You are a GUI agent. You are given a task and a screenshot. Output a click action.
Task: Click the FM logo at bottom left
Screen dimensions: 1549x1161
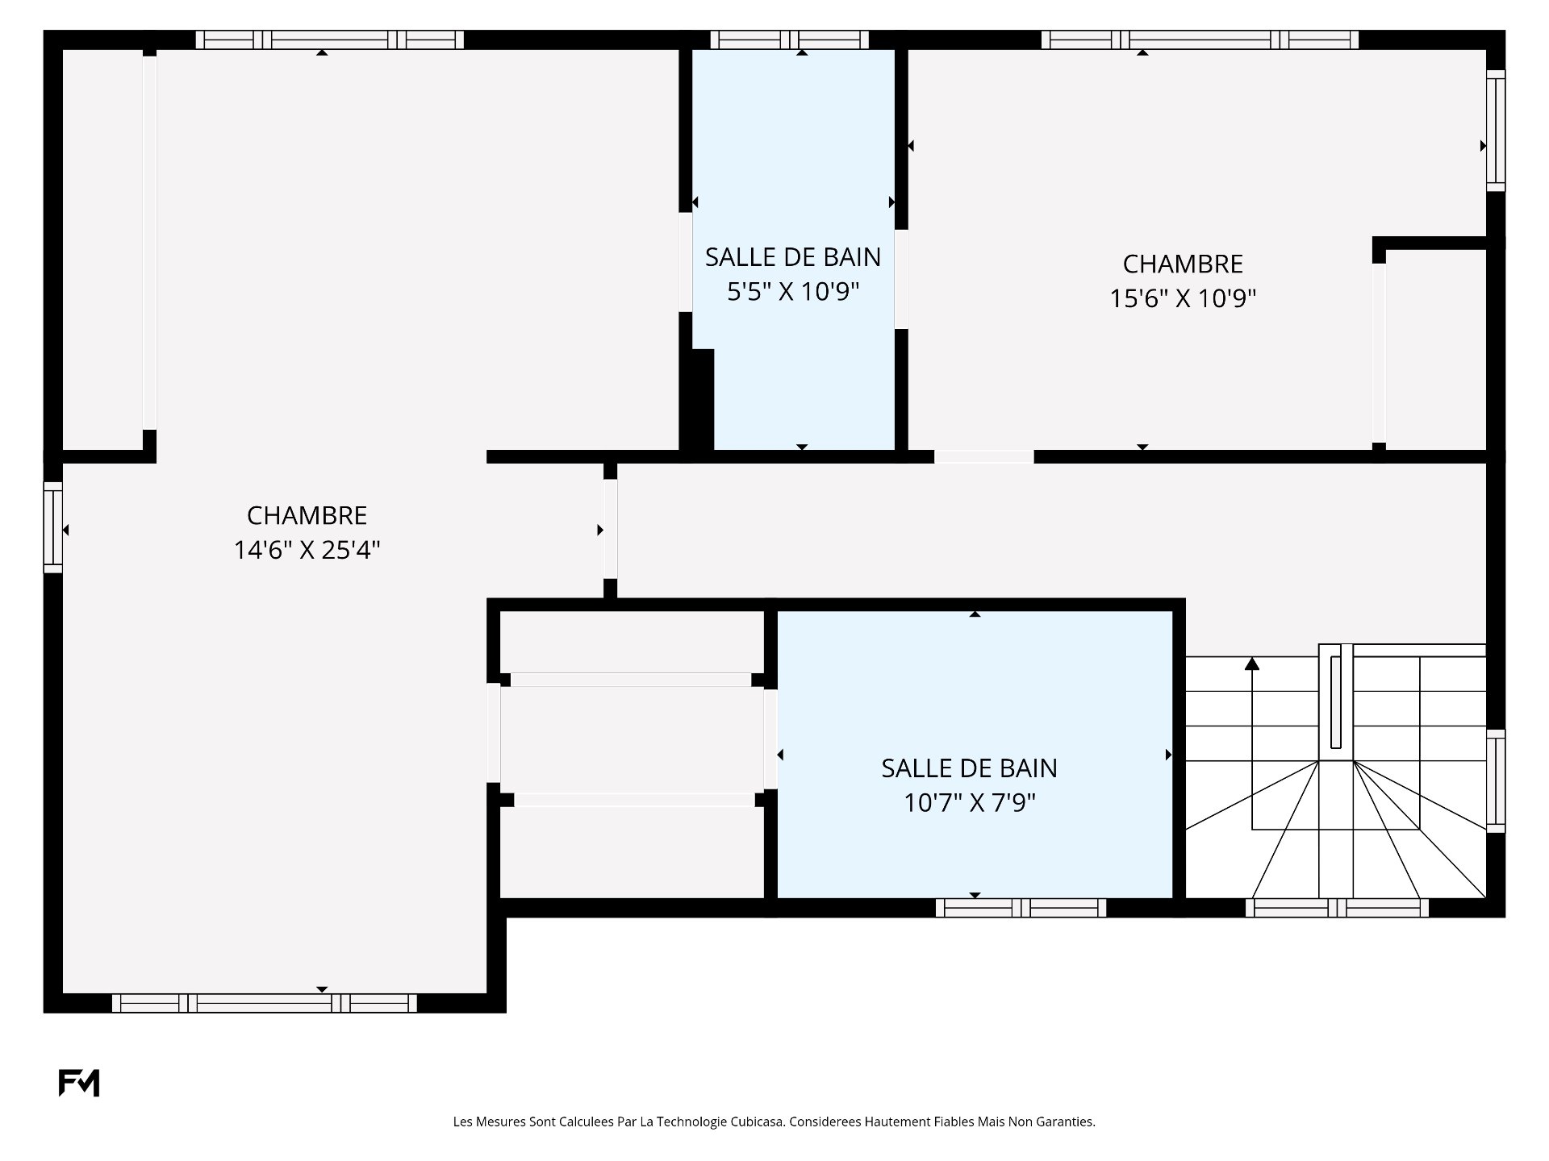click(78, 1083)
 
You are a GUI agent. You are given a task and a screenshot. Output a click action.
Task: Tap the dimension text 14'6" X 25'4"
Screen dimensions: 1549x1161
click(307, 550)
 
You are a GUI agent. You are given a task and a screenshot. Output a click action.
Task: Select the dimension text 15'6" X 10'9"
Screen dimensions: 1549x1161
click(1183, 298)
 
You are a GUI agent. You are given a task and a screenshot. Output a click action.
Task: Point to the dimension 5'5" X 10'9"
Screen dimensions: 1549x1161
click(792, 291)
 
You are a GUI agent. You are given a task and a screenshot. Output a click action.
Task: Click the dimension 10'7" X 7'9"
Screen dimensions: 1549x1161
click(969, 803)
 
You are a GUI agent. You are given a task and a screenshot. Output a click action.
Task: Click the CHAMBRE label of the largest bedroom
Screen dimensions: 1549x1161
click(307, 515)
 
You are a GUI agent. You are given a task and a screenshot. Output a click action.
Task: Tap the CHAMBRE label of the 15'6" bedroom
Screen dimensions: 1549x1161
click(1183, 264)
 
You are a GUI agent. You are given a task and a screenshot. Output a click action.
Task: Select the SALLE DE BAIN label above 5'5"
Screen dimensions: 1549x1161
click(792, 256)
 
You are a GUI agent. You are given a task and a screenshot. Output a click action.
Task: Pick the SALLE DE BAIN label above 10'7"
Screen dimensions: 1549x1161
click(969, 768)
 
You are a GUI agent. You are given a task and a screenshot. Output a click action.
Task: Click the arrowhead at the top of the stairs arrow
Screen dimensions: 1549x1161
click(1252, 664)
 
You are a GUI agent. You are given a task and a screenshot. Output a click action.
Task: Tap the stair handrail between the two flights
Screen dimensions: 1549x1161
click(1336, 701)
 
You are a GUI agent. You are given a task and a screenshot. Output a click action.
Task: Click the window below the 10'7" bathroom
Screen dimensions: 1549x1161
click(1021, 908)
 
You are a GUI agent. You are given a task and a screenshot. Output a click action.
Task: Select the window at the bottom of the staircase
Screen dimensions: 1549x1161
click(1337, 908)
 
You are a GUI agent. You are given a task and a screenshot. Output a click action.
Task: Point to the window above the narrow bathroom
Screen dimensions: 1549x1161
click(789, 40)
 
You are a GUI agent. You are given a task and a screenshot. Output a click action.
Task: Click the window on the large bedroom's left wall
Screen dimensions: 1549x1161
click(52, 527)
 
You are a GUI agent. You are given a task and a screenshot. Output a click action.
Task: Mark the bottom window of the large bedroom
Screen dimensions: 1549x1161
click(264, 1003)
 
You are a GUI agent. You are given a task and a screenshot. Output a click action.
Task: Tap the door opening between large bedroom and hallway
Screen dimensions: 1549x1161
click(611, 529)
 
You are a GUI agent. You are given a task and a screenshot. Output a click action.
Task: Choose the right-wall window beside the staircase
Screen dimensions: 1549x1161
click(1496, 780)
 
